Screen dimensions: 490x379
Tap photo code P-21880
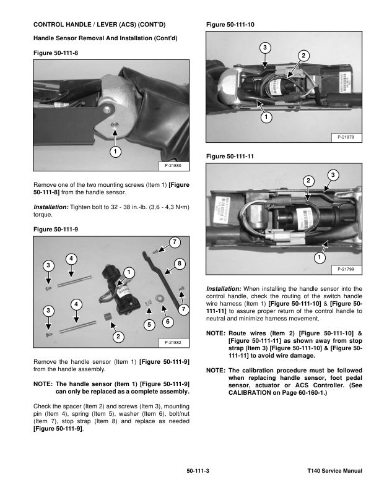click(x=174, y=165)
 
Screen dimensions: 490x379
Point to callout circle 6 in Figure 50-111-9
click(x=167, y=321)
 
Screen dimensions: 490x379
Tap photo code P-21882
click(x=174, y=342)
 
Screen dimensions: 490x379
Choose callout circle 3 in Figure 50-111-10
click(x=264, y=48)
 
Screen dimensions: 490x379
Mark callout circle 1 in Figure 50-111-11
click(x=320, y=257)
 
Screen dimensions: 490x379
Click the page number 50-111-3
click(x=198, y=471)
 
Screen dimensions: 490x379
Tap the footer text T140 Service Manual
click(x=334, y=471)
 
